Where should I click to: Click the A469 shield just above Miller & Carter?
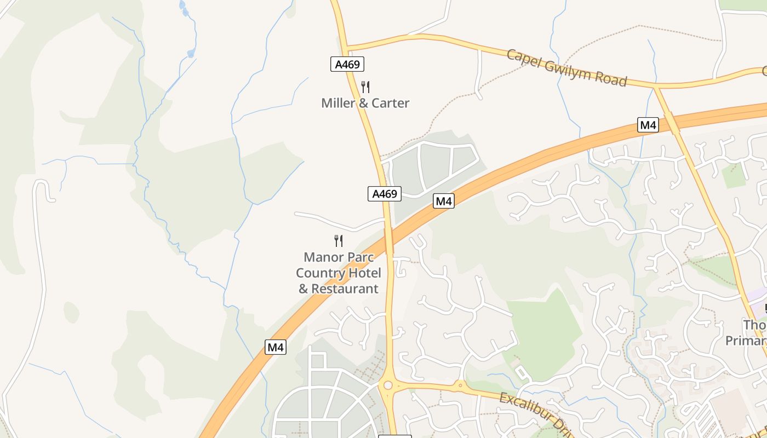pos(347,65)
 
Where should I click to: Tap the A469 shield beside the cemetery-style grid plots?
pos(384,193)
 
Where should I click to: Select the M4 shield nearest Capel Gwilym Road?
pos(648,125)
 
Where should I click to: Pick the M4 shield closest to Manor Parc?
pos(443,201)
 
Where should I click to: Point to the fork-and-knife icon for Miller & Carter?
pos(365,87)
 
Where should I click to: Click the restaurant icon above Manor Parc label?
pos(339,240)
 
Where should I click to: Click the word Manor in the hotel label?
pos(324,257)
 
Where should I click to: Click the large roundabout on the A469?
pos(388,385)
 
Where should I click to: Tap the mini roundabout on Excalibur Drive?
pos(460,385)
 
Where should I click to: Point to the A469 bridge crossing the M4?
pos(389,241)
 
